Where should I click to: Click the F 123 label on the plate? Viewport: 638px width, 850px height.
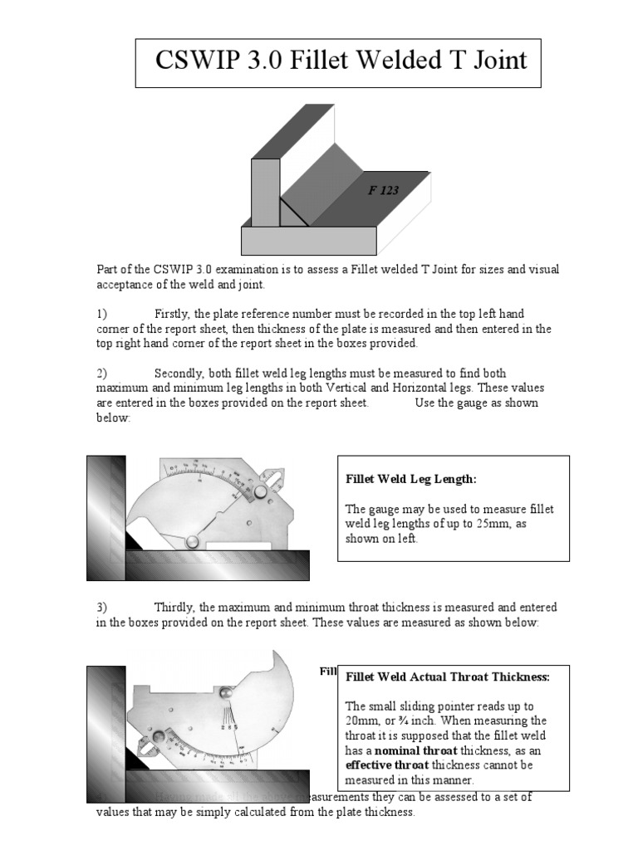click(x=383, y=190)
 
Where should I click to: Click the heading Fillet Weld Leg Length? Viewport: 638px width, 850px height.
click(x=411, y=479)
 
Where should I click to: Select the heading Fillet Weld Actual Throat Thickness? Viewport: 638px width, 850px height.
click(x=448, y=677)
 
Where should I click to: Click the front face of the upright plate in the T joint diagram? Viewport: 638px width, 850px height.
click(x=265, y=193)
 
